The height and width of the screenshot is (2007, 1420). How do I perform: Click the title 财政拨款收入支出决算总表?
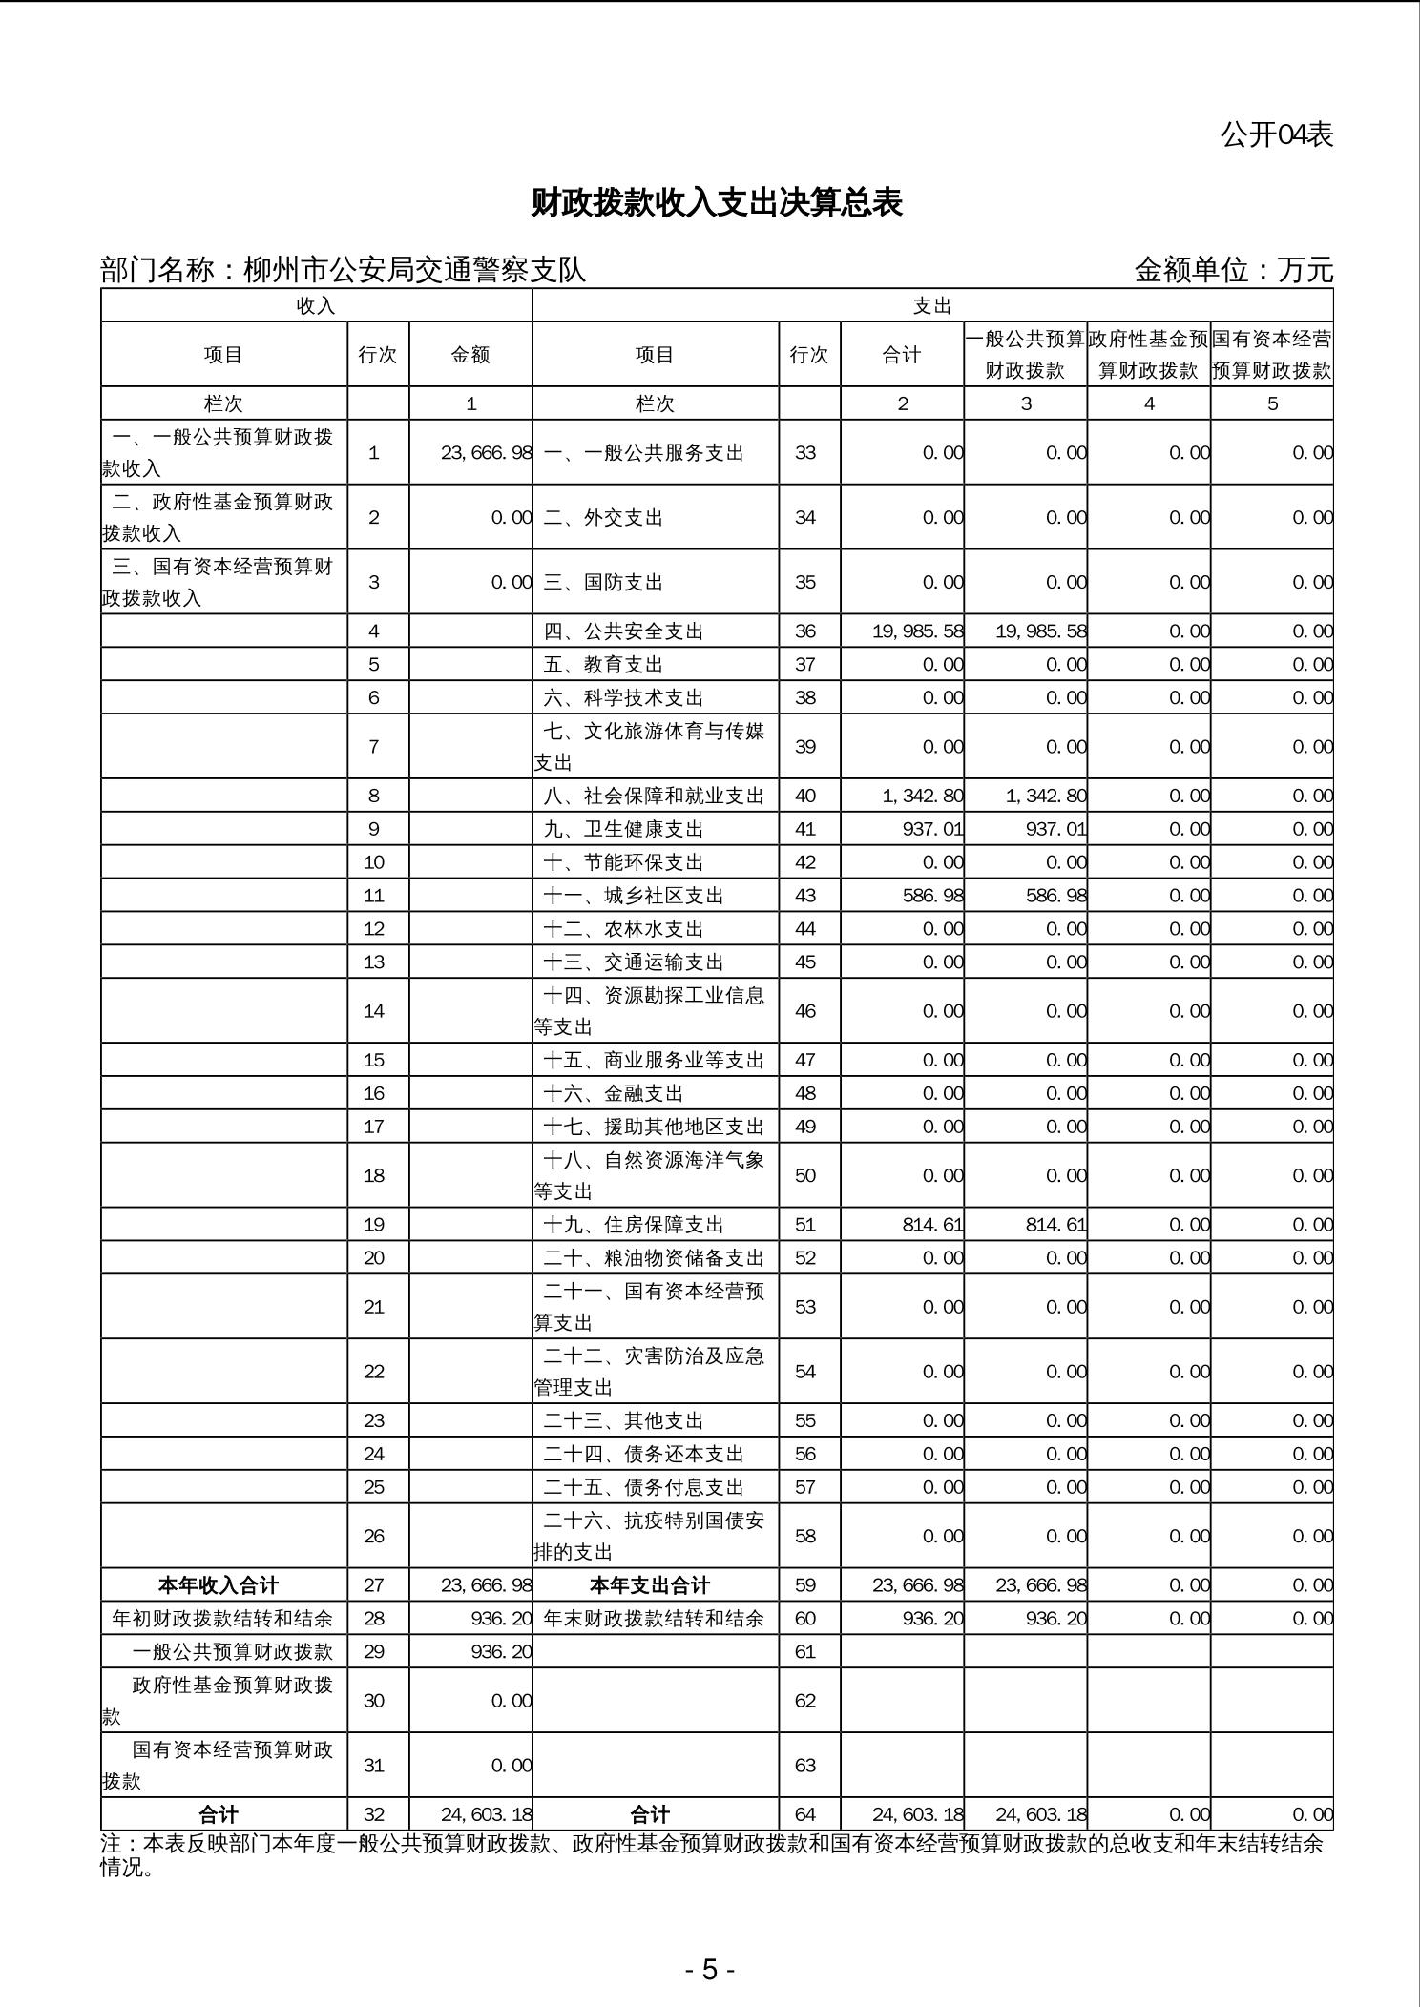pos(716,203)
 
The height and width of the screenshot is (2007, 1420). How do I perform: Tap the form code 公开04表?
pos(1276,135)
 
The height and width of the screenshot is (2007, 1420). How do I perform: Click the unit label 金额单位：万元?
pos(1233,270)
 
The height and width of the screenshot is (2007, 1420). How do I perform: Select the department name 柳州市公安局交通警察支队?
pos(414,270)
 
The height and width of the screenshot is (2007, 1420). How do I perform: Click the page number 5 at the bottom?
pos(709,1969)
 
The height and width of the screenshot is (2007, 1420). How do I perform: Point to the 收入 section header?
pos(316,305)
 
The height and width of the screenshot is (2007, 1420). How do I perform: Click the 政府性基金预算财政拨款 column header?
pos(1148,355)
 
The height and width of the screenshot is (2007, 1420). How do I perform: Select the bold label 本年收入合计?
pos(219,1585)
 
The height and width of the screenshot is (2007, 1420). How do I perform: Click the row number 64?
pos(805,1814)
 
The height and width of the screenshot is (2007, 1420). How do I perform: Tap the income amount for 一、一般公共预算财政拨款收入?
pos(486,453)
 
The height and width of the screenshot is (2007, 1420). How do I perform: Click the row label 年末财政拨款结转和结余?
pos(654,1619)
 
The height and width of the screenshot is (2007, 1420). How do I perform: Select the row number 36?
pos(805,631)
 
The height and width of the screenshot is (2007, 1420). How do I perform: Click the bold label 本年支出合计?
pos(650,1585)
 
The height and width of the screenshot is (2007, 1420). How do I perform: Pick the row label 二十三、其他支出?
pos(623,1420)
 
